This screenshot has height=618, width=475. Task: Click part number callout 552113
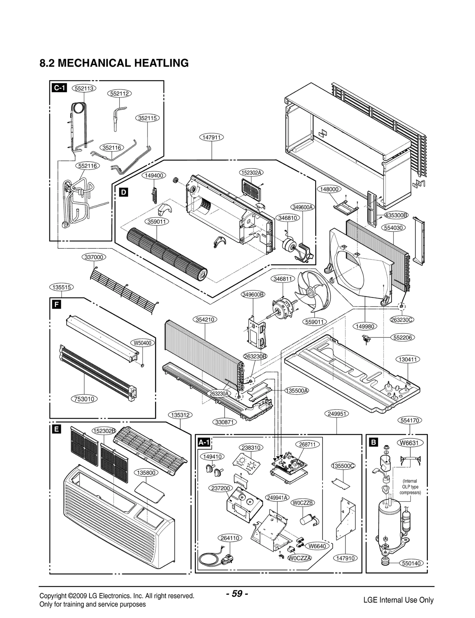[x=84, y=88]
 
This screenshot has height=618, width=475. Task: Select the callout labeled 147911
[x=211, y=137]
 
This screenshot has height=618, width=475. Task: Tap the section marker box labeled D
[x=123, y=192]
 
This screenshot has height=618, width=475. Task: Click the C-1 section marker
[x=59, y=88]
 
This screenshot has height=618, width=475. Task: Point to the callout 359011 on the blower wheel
[x=156, y=222]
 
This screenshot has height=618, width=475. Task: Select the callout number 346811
[x=282, y=279]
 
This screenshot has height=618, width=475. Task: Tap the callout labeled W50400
[x=142, y=343]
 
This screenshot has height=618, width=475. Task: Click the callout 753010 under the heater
[x=85, y=399]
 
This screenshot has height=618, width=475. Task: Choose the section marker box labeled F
[x=56, y=304]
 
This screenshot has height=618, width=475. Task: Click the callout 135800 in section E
[x=146, y=473]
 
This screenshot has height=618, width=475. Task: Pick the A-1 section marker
[x=204, y=442]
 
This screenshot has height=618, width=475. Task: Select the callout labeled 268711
[x=307, y=444]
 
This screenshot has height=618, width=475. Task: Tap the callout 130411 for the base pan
[x=408, y=359]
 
